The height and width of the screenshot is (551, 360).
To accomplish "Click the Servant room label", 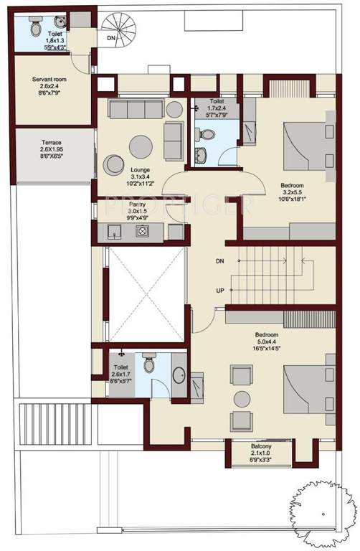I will (49, 79).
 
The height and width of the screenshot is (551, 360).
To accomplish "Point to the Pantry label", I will (137, 204).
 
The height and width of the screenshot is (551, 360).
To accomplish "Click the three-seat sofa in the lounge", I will (136, 108).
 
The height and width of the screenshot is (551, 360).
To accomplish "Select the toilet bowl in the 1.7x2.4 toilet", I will (206, 134).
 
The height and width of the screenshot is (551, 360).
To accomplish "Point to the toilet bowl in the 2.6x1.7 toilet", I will (148, 365).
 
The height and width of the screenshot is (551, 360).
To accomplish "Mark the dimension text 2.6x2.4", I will (49, 87).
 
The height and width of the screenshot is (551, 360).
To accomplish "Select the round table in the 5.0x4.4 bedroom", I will (242, 396).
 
